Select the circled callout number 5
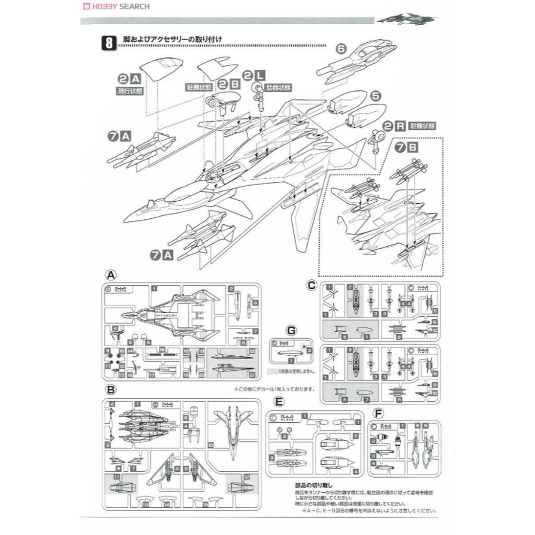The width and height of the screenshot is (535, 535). (x=376, y=96)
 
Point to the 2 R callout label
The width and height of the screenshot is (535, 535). (x=394, y=127)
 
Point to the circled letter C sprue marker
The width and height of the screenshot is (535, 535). (x=311, y=285)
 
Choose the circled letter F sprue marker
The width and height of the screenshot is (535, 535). (x=379, y=413)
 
